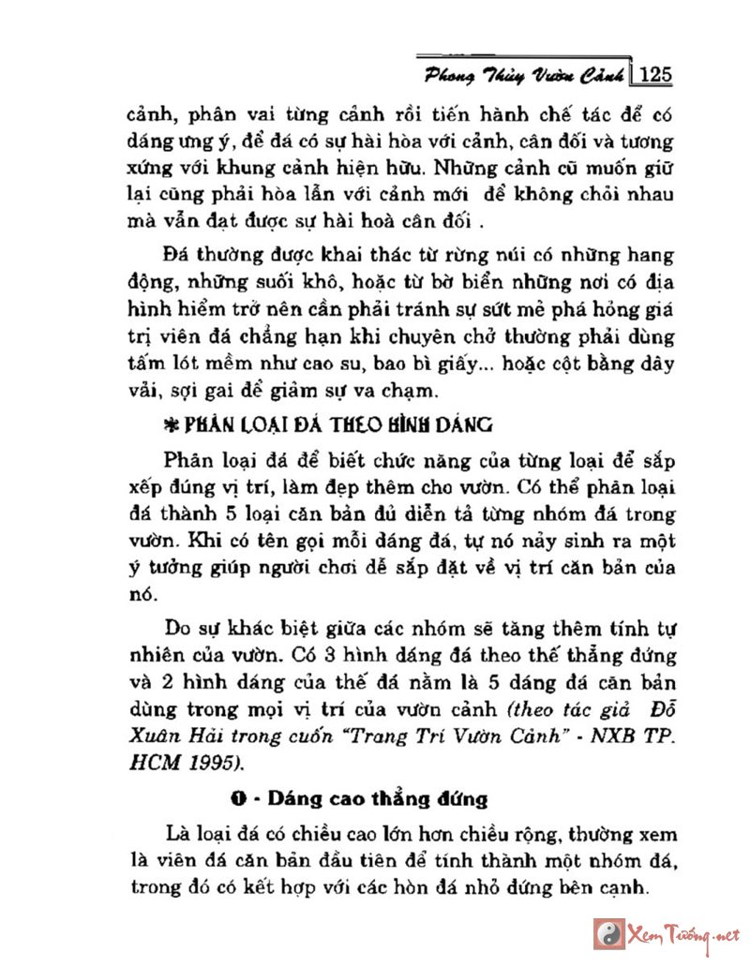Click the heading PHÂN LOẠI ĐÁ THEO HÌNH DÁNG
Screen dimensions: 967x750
[337, 424]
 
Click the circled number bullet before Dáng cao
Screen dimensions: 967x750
[239, 799]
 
